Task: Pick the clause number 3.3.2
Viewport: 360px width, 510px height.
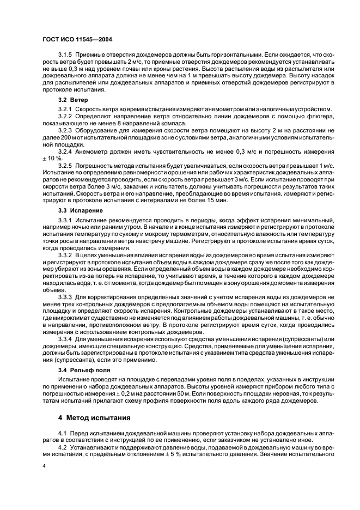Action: (66, 255)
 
